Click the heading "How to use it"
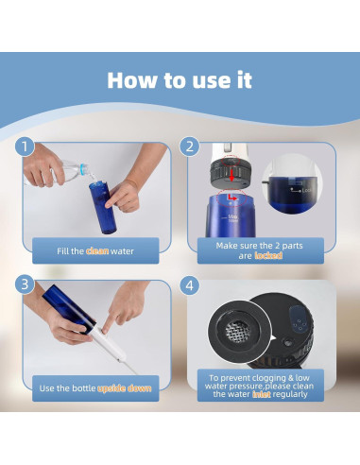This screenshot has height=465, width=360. (x=180, y=80)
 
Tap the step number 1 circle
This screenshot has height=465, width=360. (x=25, y=146)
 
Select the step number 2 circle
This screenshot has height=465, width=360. (x=190, y=146)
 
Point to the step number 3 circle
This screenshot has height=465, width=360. (x=25, y=284)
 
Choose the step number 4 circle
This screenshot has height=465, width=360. (x=190, y=285)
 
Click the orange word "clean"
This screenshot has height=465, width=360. (x=97, y=251)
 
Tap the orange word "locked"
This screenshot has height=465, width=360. (x=268, y=255)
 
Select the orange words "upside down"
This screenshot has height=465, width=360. (x=125, y=388)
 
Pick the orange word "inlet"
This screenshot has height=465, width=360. (x=262, y=394)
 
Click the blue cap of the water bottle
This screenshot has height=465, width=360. (x=83, y=168)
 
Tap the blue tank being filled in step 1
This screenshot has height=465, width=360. (x=102, y=207)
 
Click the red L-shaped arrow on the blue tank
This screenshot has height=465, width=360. (x=232, y=197)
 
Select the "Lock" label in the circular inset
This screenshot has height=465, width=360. (x=306, y=190)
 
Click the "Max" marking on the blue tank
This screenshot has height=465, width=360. (x=233, y=216)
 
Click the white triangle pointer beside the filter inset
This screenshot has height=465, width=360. (x=273, y=338)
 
